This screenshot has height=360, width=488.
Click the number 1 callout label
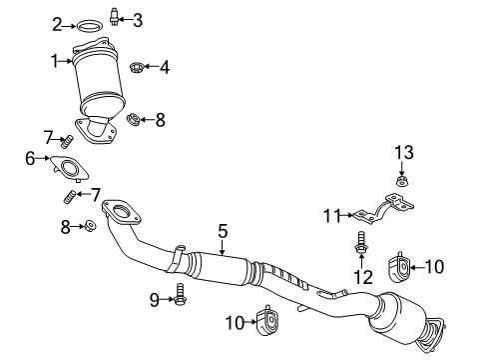(55, 61)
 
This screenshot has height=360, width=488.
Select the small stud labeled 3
(116, 17)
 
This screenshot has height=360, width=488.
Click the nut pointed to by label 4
(136, 68)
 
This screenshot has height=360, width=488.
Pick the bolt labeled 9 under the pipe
(181, 294)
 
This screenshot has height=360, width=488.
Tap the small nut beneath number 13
(402, 182)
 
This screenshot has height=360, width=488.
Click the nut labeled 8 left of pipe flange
(89, 227)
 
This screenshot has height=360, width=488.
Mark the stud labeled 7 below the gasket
(71, 194)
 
